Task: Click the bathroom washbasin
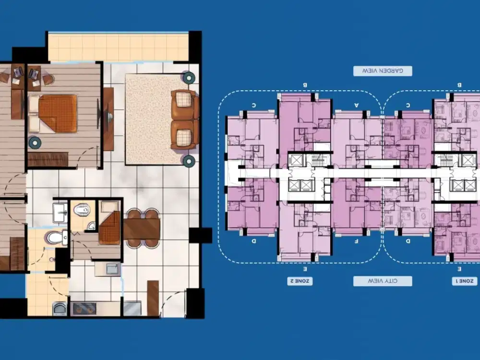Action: click(60, 211)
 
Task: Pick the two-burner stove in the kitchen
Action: click(84, 308)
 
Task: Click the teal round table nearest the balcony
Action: click(188, 77)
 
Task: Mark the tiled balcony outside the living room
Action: click(118, 47)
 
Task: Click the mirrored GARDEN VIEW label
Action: click(382, 71)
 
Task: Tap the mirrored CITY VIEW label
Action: click(382, 281)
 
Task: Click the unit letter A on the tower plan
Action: click(356, 104)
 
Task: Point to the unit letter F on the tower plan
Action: click(356, 241)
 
